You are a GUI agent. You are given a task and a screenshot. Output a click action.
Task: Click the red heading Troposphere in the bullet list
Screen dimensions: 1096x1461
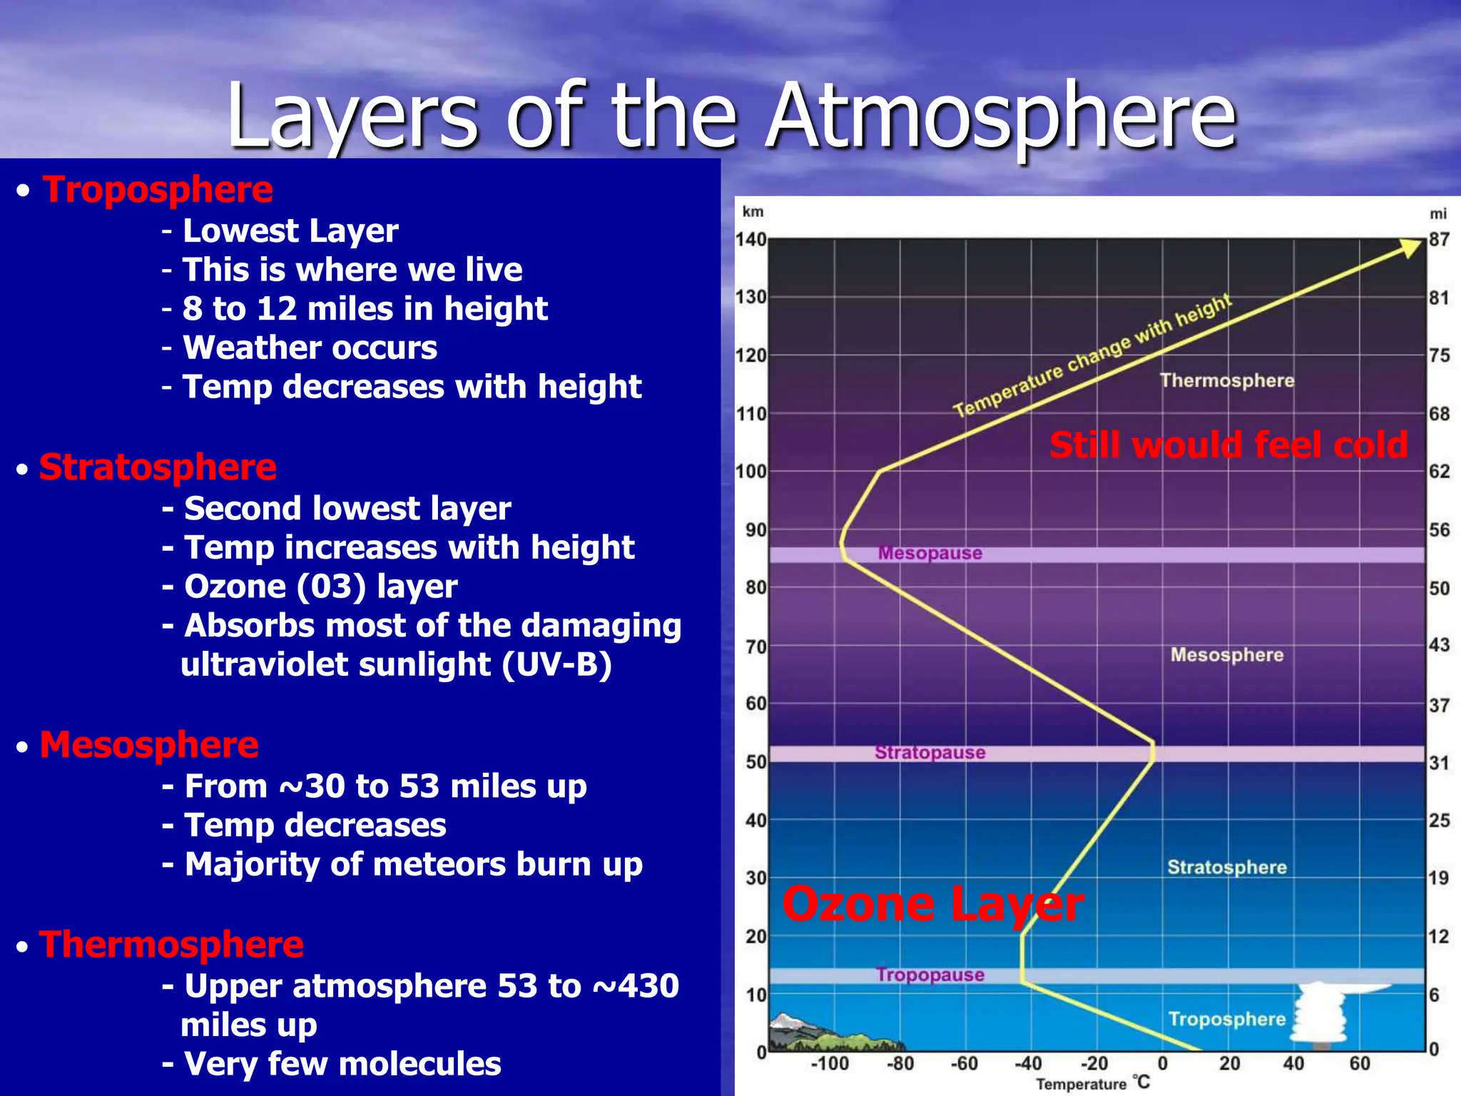[158, 190]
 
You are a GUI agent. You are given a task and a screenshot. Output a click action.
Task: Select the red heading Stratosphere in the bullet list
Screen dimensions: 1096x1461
[158, 467]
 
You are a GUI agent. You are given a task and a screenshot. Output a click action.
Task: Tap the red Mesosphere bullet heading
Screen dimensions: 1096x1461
[149, 745]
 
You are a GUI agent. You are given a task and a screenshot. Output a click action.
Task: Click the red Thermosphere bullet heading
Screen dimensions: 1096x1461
[171, 945]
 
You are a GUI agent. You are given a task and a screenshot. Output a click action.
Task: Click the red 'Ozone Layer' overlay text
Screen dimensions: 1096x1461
[932, 904]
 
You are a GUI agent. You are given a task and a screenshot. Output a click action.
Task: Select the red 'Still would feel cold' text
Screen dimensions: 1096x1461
[1228, 445]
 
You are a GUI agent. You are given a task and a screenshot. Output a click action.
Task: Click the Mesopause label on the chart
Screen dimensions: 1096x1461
[930, 553]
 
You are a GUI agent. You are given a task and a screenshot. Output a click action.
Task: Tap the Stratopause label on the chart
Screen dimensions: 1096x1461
[930, 752]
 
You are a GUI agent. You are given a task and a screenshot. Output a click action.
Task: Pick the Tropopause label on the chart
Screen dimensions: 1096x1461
[930, 975]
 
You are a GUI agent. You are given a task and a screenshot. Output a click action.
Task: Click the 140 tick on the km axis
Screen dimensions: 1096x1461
[750, 240]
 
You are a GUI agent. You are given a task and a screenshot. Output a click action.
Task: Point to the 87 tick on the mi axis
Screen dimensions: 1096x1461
[1439, 240]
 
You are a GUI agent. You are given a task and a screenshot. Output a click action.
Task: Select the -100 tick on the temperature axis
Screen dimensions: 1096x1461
[830, 1064]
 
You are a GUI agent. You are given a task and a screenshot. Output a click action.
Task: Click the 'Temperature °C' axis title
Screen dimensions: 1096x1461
[1092, 1084]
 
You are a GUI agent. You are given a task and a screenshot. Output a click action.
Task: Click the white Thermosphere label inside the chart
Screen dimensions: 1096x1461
[1226, 380]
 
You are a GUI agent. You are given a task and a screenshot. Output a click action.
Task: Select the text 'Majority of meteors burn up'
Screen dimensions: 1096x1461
[413, 864]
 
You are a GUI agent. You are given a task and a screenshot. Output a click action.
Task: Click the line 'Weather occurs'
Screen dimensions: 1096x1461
[310, 347]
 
